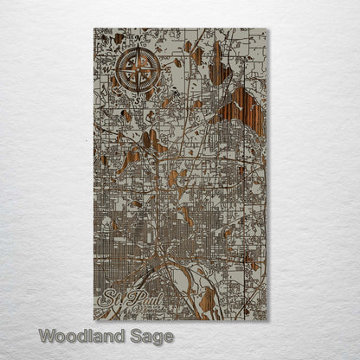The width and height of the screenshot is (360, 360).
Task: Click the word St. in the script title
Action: coord(111,302)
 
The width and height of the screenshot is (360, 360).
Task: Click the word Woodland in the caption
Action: coord(81,335)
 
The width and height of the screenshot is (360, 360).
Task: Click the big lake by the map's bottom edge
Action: coord(206,299)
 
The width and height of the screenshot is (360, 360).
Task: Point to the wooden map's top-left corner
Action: coord(93,29)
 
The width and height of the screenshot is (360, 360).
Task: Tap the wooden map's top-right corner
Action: coord(268,29)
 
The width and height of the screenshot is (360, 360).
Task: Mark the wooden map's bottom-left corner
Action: coord(93,319)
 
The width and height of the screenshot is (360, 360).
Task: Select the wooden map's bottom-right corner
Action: coord(268,319)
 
